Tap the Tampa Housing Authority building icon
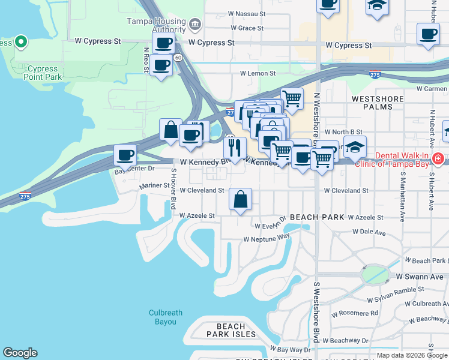194,25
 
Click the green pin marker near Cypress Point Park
20,42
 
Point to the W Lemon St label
258,73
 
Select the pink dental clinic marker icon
439,160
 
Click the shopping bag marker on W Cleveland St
240,200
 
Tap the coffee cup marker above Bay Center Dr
125,155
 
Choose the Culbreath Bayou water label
163,317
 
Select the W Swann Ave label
420,277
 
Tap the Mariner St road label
154,186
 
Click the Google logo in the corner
20,353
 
